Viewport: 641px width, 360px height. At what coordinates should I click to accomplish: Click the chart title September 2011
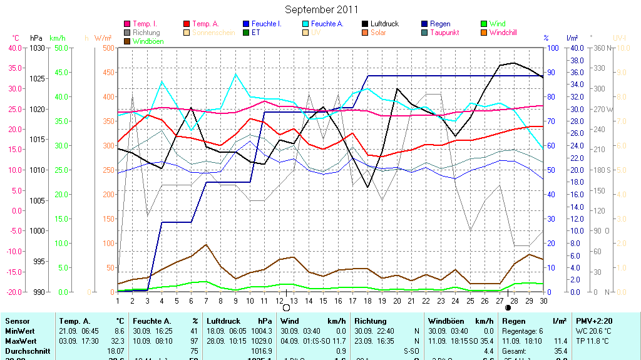pyautogui.click(x=322, y=9)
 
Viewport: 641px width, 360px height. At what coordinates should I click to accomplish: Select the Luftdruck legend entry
pyautogui.click(x=384, y=24)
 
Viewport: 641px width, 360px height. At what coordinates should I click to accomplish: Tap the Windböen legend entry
pyautogui.click(x=148, y=41)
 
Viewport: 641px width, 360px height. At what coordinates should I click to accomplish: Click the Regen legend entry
pyautogui.click(x=440, y=24)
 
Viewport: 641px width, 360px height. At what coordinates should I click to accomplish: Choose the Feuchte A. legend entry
pyautogui.click(x=327, y=24)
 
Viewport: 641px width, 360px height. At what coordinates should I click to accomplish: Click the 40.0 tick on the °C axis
pyautogui.click(x=13, y=48)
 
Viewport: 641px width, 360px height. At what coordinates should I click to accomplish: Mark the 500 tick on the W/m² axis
pyautogui.click(x=108, y=48)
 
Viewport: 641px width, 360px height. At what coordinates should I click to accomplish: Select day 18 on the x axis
pyautogui.click(x=368, y=301)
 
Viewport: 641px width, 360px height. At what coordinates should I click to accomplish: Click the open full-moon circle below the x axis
pyautogui.click(x=287, y=307)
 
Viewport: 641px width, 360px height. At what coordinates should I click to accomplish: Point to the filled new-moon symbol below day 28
pyautogui.click(x=508, y=307)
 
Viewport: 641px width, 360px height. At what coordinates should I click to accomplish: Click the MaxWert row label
pyautogui.click(x=20, y=340)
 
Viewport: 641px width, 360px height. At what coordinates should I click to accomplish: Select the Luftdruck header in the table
pyautogui.click(x=223, y=321)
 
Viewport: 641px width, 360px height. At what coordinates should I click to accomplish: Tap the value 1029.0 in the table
pyautogui.click(x=262, y=340)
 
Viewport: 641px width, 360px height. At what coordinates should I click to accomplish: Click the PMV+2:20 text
pyautogui.click(x=594, y=321)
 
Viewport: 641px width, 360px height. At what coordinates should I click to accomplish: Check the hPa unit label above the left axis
pyautogui.click(x=36, y=38)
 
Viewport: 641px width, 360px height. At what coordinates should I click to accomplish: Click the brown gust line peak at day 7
pyautogui.click(x=206, y=245)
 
